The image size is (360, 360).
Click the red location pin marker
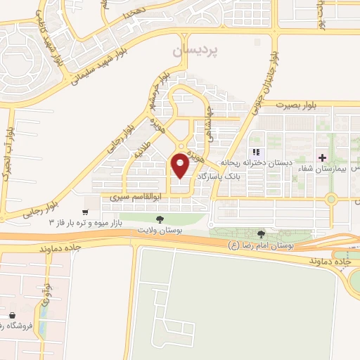pyautogui.click(x=181, y=165)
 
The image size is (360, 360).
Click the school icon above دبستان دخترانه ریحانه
pyautogui.click(x=257, y=152)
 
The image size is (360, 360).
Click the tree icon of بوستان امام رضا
pyautogui.click(x=261, y=234)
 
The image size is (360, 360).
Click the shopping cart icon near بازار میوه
pyautogui.click(x=85, y=212)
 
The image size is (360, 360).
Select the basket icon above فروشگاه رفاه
pyautogui.click(x=12, y=315)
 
